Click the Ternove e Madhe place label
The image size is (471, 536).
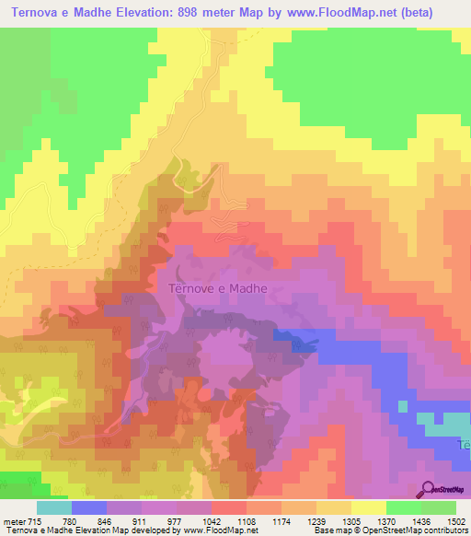(219, 288)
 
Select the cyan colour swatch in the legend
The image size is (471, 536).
(54, 508)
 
